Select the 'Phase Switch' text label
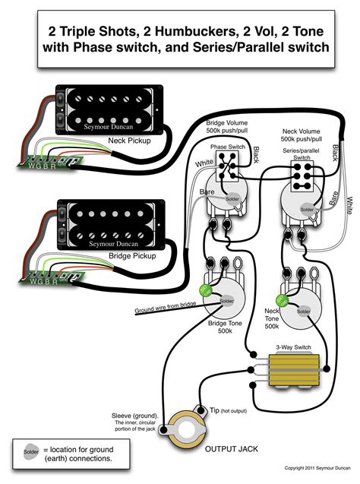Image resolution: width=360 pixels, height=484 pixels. [226, 146]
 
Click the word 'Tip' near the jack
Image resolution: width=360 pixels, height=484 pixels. [216, 410]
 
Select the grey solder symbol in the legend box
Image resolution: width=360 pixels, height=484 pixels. [30, 454]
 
